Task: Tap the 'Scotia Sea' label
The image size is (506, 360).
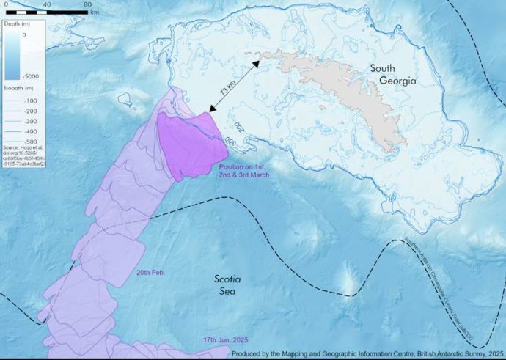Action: tap(227, 284)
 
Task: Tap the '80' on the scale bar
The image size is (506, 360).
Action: tap(87, 4)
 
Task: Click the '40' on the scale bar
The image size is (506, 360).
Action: tap(47, 4)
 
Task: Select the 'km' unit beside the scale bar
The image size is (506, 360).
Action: tap(95, 12)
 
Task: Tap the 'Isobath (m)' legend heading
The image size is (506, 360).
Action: tap(18, 88)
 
